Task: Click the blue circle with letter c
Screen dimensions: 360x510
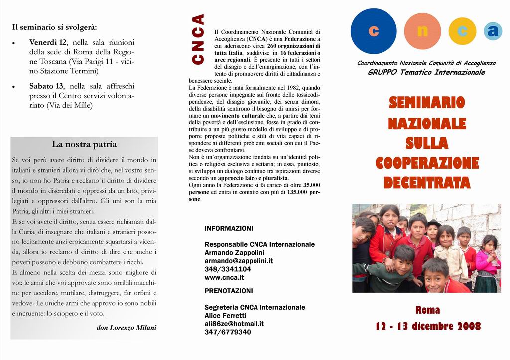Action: point(374,31)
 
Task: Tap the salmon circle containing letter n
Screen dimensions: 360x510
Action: point(422,31)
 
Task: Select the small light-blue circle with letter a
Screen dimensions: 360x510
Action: point(493,31)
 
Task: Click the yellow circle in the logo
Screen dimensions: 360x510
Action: point(462,31)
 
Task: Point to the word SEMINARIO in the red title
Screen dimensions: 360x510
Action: point(426,103)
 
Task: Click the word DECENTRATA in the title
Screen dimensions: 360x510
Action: point(426,183)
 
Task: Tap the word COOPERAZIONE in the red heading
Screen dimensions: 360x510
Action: point(427,163)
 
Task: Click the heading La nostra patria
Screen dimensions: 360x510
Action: point(84,145)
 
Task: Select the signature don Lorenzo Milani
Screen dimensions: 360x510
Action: point(126,328)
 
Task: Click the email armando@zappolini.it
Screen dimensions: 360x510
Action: point(239,261)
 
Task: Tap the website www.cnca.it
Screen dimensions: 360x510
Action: point(224,277)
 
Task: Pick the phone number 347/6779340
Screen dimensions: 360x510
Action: point(228,332)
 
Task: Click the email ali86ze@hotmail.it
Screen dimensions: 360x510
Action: point(234,324)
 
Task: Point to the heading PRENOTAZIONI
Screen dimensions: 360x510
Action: point(229,291)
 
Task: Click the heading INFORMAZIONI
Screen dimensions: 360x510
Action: point(229,229)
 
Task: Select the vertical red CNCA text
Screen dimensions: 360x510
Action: point(198,39)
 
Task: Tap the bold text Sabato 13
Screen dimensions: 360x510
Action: point(46,86)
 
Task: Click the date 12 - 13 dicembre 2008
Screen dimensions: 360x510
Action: point(428,327)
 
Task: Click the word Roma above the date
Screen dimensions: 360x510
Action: point(427,310)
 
